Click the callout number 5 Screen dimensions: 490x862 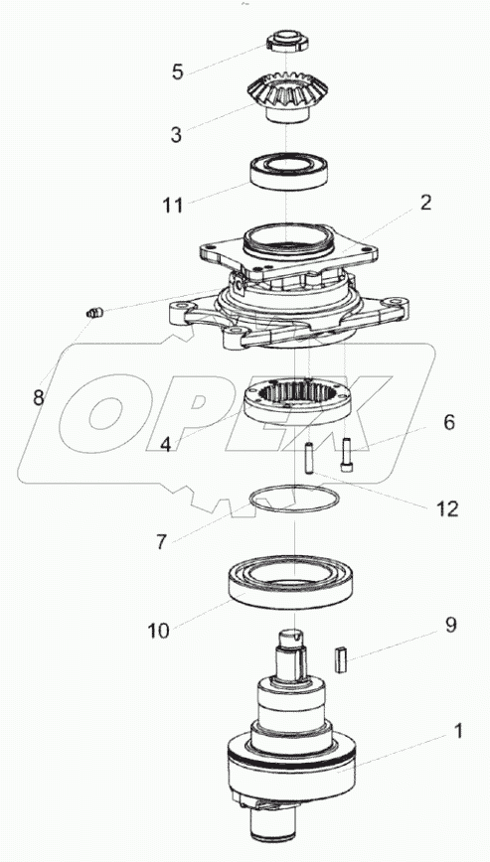click(177, 72)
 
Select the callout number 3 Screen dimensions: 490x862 click(176, 134)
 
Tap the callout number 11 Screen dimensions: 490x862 click(172, 205)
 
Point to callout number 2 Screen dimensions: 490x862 click(425, 203)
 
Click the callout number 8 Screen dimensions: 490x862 click(38, 397)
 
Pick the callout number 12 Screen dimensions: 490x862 click(447, 509)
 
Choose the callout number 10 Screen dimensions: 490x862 click(158, 631)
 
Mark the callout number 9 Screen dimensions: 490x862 click(451, 626)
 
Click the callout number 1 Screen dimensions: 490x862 click(456, 732)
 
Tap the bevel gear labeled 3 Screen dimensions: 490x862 click(288, 98)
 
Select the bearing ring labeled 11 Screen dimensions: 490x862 click(289, 172)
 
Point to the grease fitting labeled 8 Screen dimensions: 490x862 click(95, 314)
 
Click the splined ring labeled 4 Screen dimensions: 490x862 click(297, 403)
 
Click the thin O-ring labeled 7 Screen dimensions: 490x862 click(295, 486)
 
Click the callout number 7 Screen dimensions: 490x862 click(160, 542)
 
